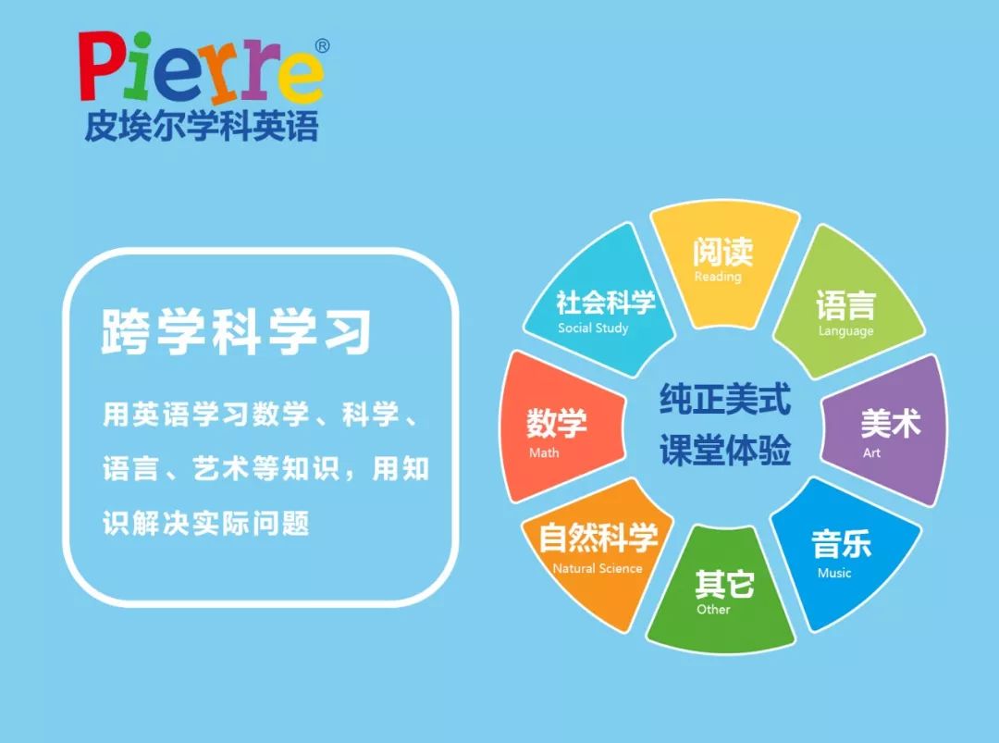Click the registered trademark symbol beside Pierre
click(x=322, y=45)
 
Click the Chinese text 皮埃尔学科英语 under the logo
click(x=201, y=125)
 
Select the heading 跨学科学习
click(x=236, y=331)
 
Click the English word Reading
click(x=718, y=277)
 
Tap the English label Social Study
click(x=593, y=328)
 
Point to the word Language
click(x=845, y=331)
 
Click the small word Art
click(x=871, y=452)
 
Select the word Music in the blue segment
click(x=834, y=573)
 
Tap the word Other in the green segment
click(x=713, y=609)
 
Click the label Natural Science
click(x=597, y=568)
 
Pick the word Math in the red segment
click(x=544, y=452)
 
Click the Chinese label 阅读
click(x=722, y=252)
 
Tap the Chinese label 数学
click(x=557, y=424)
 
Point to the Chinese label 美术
click(x=890, y=424)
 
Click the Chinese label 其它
click(x=724, y=584)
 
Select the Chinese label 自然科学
click(x=598, y=539)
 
